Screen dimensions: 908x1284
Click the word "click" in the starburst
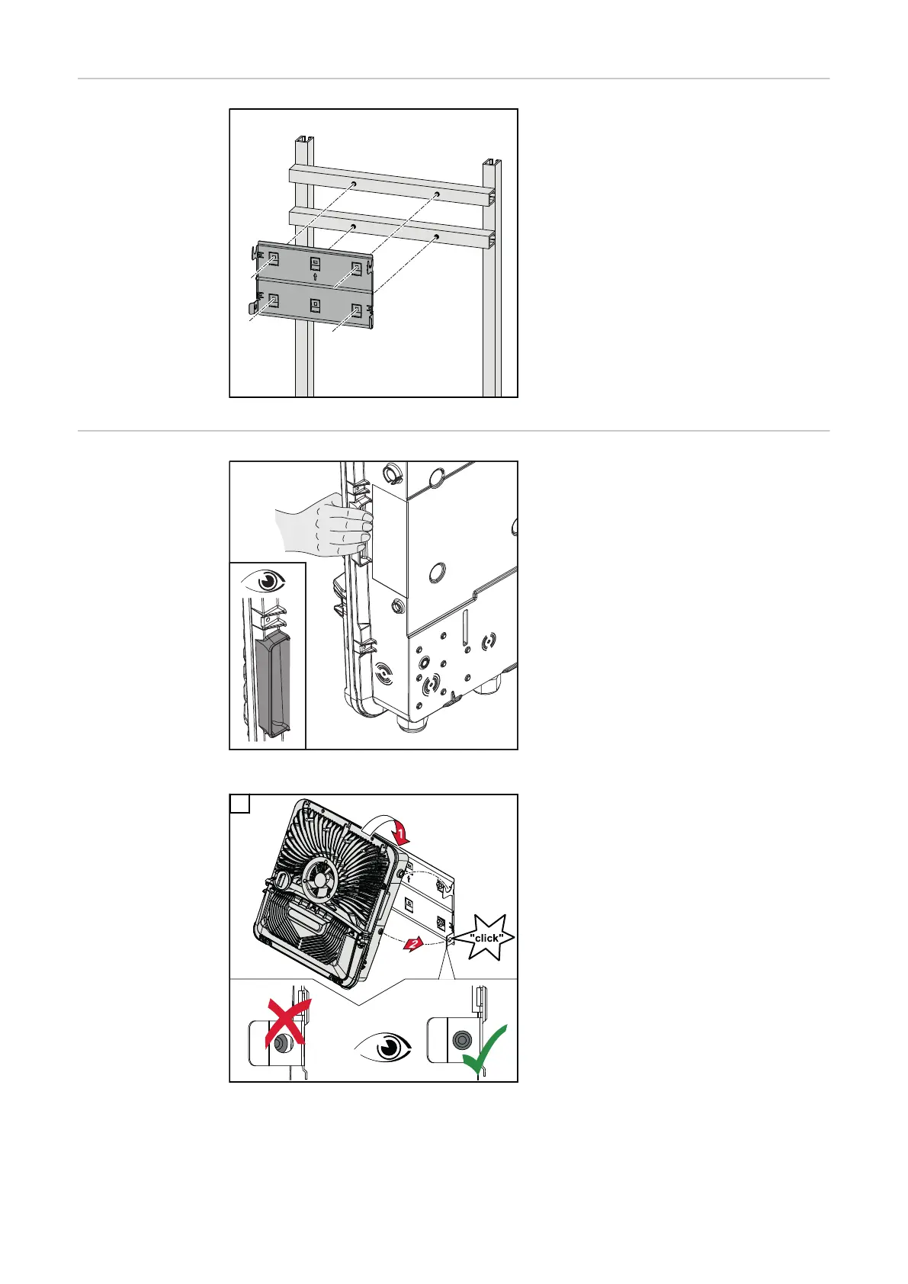[x=486, y=938]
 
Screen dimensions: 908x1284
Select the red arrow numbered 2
[x=413, y=943]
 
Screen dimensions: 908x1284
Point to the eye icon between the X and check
[x=383, y=1048]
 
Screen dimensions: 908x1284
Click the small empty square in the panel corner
[x=239, y=804]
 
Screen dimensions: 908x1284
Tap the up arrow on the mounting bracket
[x=316, y=277]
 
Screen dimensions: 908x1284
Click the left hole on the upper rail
[x=354, y=184]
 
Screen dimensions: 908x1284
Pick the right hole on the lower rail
[x=437, y=236]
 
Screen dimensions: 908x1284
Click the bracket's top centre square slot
[x=316, y=264]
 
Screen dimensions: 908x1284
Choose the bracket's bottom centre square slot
[x=316, y=305]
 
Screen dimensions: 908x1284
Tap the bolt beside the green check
[x=461, y=1039]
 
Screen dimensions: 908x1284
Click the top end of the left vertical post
[x=305, y=140]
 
